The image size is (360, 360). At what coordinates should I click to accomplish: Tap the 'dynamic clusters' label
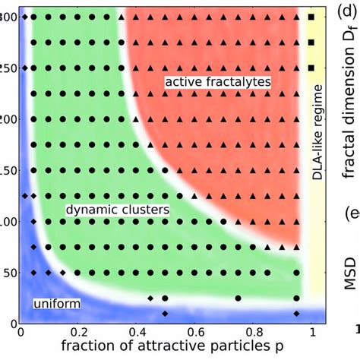pyautogui.click(x=116, y=208)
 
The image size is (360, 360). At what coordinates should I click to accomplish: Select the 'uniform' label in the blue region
pyautogui.click(x=57, y=304)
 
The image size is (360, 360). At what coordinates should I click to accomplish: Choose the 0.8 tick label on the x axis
pyautogui.click(x=253, y=332)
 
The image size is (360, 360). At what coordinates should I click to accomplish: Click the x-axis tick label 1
pyautogui.click(x=311, y=332)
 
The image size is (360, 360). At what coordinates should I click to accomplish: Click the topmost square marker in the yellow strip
pyautogui.click(x=311, y=16)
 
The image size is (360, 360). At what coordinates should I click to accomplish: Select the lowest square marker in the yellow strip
pyautogui.click(x=311, y=68)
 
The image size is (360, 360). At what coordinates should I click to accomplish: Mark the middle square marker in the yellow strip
pyautogui.click(x=311, y=42)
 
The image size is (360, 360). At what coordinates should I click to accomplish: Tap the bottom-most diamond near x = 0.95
pyautogui.click(x=296, y=313)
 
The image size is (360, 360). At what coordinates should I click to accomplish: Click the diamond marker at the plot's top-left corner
pyautogui.click(x=24, y=16)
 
